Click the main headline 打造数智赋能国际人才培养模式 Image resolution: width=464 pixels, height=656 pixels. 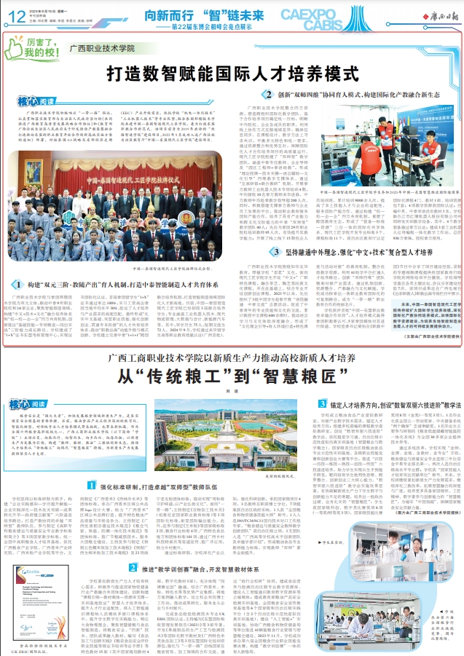[x=231, y=74]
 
